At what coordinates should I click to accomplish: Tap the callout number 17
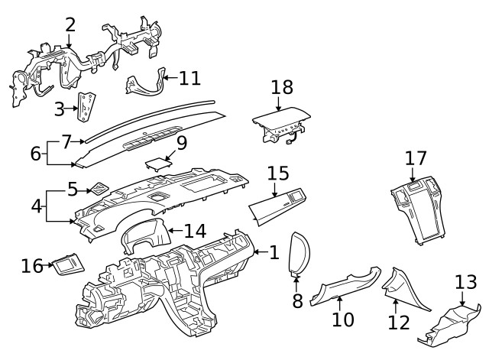(416, 158)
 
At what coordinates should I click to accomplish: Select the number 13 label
(465, 283)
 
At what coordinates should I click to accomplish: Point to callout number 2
(70, 24)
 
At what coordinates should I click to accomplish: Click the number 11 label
(189, 77)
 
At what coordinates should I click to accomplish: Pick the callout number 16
(32, 265)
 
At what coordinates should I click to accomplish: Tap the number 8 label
(297, 300)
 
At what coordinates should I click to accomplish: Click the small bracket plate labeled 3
(86, 107)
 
